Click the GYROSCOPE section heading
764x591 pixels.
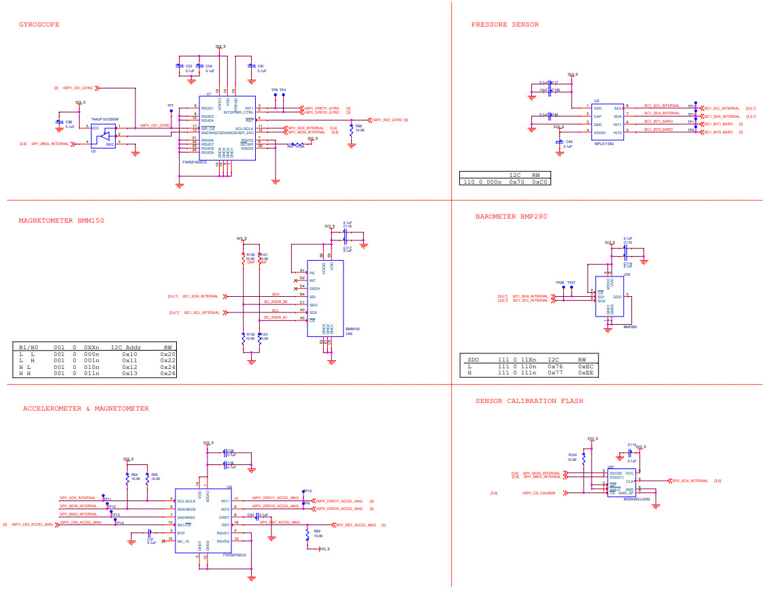coord(39,25)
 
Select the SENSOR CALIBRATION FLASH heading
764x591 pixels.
coord(529,401)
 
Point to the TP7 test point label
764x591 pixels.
coord(170,106)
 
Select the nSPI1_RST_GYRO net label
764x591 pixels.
coord(388,120)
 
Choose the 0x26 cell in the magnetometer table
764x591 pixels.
coord(168,374)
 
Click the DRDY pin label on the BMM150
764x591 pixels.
coord(314,289)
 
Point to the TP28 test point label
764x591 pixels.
coord(559,282)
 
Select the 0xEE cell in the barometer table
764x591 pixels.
coord(585,373)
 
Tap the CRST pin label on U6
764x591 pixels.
coord(224,517)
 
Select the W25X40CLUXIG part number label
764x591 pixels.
coord(637,499)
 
